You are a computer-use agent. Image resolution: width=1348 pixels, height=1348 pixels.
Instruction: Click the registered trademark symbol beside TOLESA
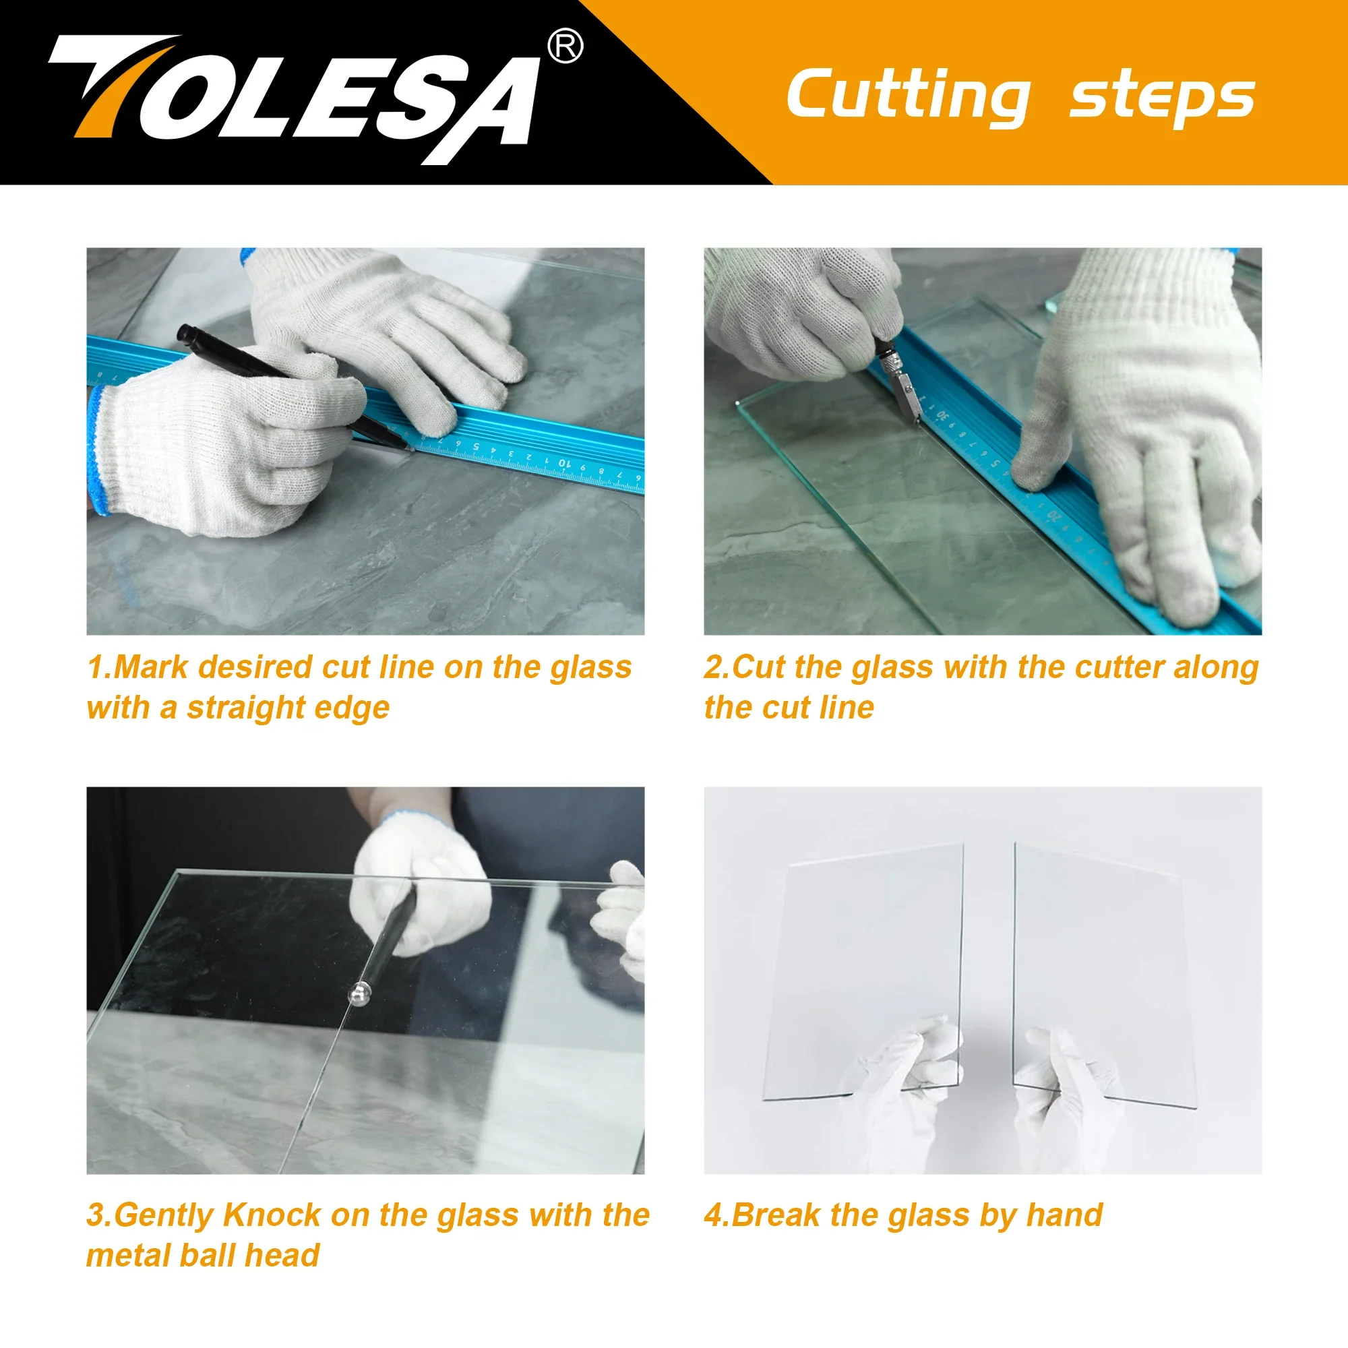565,46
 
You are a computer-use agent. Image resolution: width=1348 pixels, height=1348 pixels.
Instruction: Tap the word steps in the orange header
1163,98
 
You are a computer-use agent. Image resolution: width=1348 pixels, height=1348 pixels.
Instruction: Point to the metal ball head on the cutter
359,993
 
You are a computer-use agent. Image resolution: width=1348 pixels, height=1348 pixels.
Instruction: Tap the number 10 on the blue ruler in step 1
563,463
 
